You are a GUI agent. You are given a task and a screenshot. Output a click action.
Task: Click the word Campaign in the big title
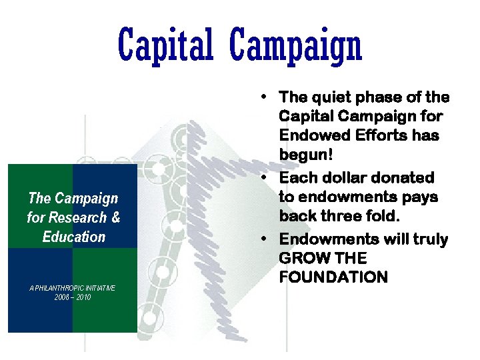pos(295,45)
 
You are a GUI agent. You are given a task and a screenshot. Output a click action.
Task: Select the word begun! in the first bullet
pos(300,157)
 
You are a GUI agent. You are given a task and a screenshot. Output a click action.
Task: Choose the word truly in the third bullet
pos(429,239)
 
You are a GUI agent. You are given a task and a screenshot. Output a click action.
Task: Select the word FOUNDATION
pos(333,277)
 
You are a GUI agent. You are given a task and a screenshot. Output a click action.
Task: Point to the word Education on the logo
pos(73,237)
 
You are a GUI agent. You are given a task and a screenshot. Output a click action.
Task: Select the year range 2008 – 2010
pos(73,297)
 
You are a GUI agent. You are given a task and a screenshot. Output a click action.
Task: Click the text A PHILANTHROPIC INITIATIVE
pos(73,288)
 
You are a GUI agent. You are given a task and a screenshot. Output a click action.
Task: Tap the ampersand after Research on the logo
pos(116,217)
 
